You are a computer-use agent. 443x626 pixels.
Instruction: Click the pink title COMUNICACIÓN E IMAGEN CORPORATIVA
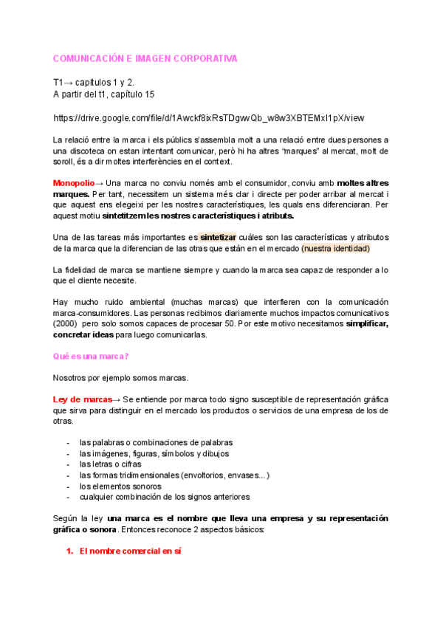(145, 58)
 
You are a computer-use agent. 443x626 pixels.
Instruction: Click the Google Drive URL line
(208, 118)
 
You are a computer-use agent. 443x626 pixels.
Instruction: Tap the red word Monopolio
(73, 182)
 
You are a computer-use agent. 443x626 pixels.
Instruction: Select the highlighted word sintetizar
(218, 237)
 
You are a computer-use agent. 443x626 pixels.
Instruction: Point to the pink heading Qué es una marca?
(91, 356)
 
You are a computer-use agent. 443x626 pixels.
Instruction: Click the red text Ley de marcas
(81, 399)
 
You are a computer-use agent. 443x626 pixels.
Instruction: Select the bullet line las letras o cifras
(110, 464)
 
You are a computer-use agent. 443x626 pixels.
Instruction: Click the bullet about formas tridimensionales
(174, 475)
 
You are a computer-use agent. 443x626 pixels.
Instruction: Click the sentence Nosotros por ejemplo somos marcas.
(120, 377)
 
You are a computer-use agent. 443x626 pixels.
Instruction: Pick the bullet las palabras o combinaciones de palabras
(156, 441)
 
